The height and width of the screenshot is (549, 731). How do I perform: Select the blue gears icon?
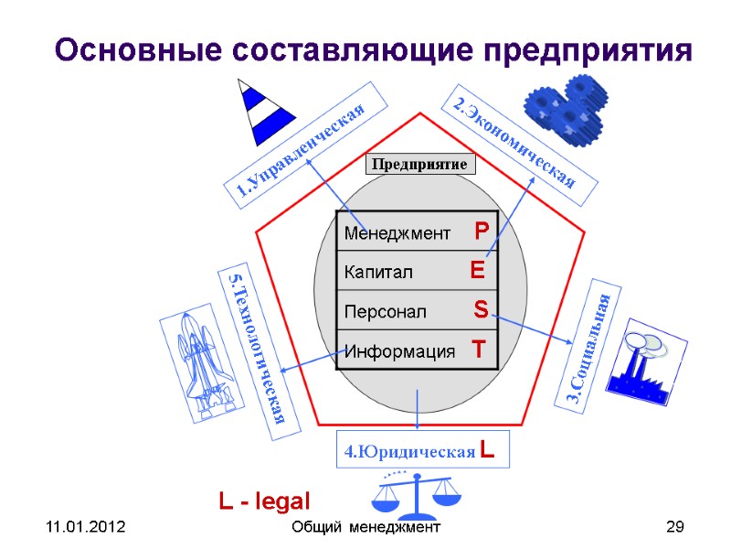tap(562, 107)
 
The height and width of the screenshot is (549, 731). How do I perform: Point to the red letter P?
tap(482, 231)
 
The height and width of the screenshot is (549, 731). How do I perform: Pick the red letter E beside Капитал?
tap(477, 271)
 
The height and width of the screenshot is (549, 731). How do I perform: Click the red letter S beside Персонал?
tap(481, 310)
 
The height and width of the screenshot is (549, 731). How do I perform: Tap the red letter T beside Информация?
tap(478, 350)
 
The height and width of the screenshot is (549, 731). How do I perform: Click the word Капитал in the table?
tap(378, 273)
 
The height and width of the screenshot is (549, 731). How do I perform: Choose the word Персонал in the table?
tap(385, 312)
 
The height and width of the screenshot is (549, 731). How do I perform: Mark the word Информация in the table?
tap(399, 351)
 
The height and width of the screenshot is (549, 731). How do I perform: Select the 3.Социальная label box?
tap(591, 347)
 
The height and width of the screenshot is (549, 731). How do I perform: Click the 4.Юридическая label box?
tap(420, 450)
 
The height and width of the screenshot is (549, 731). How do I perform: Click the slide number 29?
tap(675, 528)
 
